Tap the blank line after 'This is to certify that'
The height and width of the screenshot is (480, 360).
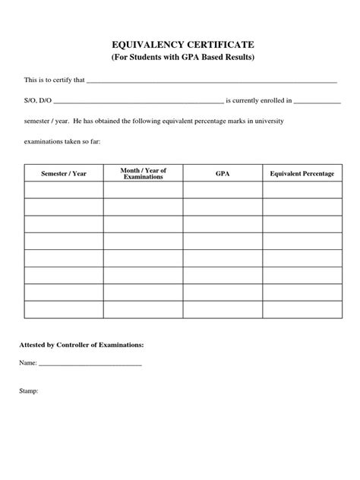212,81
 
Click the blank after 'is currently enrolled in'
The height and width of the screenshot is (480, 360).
317,101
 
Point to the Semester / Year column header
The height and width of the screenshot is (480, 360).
64,174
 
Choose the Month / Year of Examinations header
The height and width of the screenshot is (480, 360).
143,174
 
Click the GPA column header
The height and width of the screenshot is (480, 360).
223,174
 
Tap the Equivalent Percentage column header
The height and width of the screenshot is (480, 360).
302,174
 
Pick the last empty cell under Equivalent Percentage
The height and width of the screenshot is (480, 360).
302,309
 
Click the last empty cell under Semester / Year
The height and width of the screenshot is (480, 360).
64,309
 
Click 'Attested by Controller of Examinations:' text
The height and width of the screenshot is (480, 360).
81,345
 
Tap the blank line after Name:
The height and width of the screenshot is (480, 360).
90,364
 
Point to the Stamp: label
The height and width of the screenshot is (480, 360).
29,392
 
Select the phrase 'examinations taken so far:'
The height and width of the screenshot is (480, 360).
68,141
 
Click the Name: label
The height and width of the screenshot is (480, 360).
28,363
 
